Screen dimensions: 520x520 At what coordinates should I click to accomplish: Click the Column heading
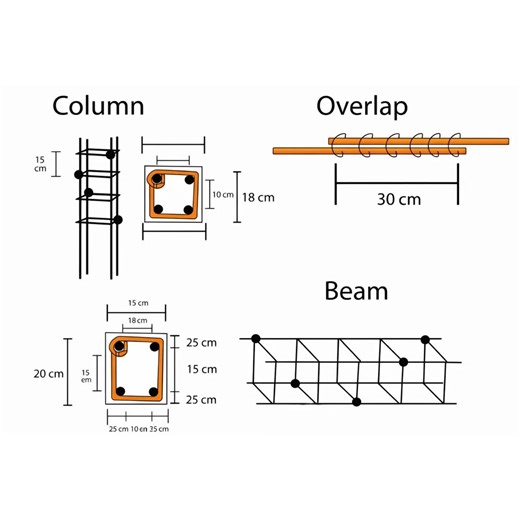pos(98,106)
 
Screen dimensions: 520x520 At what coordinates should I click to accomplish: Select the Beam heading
pos(356,291)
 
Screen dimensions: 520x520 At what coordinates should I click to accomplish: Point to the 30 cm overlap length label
pos(397,198)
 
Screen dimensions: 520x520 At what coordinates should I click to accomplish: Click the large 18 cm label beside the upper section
pos(257,197)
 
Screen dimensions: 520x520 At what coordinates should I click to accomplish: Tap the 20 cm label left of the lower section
pos(45,372)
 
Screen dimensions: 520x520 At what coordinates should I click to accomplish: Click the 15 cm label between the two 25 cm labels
pos(201,370)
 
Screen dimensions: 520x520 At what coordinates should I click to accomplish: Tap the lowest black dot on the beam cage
pos(357,402)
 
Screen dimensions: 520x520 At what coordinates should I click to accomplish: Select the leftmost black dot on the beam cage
pos(256,339)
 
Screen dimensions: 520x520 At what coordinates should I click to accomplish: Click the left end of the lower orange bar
pos(275,151)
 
